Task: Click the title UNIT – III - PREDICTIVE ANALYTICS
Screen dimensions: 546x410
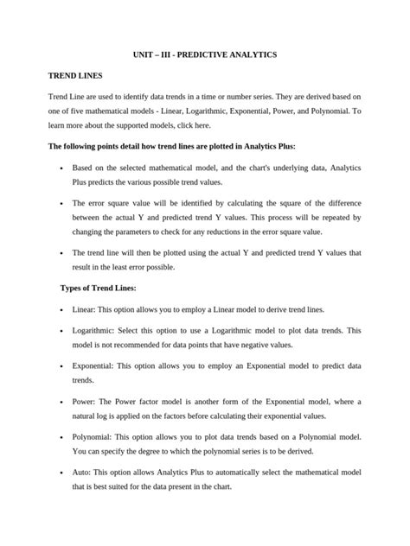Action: pyautogui.click(x=204, y=54)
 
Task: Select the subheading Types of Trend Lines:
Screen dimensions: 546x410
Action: pyautogui.click(x=97, y=287)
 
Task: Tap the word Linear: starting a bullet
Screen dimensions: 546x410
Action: pyautogui.click(x=85, y=308)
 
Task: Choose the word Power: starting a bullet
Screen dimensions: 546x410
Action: pyautogui.click(x=86, y=403)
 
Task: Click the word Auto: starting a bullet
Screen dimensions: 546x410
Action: pyautogui.click(x=83, y=473)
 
